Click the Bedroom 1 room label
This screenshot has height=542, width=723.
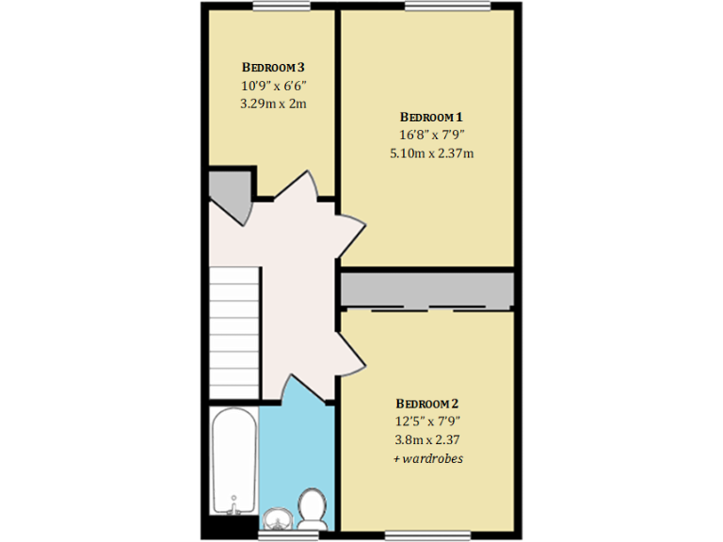pos(431,117)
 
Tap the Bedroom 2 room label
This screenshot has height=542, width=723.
pos(428,404)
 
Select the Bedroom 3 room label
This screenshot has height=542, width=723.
pos(273,68)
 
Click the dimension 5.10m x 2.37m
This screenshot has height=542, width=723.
pos(431,152)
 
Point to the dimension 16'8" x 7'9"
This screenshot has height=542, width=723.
pos(431,135)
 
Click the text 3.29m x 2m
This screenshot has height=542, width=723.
pos(273,104)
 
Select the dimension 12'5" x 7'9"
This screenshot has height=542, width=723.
pos(428,422)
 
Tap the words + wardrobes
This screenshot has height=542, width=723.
pos(428,458)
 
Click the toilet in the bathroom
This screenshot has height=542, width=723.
pos(311,507)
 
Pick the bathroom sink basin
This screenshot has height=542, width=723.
pos(277,518)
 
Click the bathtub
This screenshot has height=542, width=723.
pos(232,461)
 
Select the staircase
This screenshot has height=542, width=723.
pos(233,331)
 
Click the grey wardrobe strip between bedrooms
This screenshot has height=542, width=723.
pos(426,290)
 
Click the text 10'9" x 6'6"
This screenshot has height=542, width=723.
pos(273,86)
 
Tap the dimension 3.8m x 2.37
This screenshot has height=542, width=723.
pos(428,439)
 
